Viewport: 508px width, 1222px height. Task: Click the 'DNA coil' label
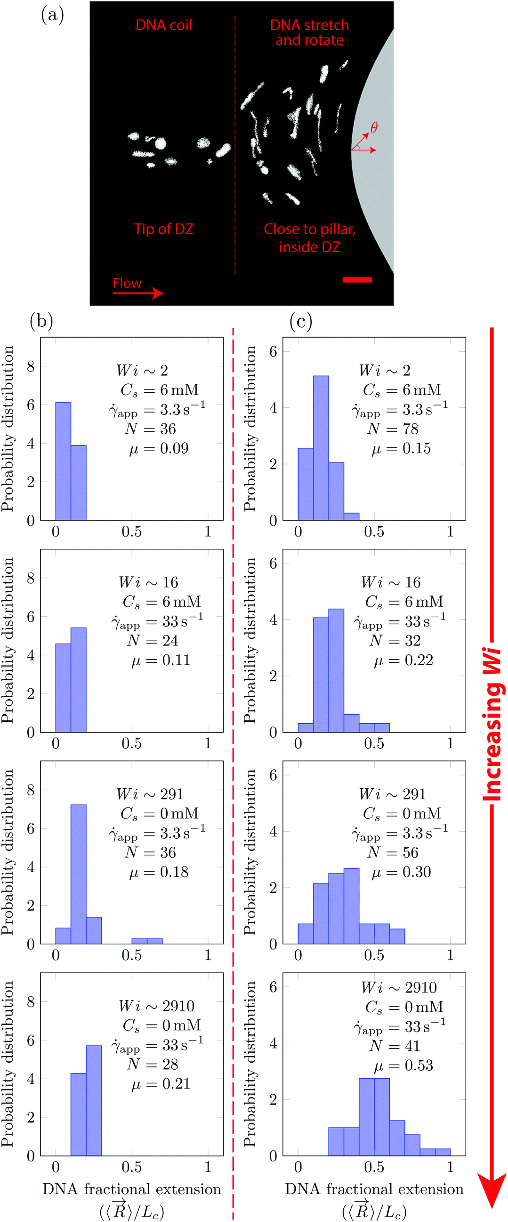click(x=163, y=25)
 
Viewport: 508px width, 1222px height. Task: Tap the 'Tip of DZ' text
click(x=163, y=229)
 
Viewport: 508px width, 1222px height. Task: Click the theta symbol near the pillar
click(x=374, y=128)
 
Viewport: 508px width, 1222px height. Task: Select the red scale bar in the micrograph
click(x=357, y=280)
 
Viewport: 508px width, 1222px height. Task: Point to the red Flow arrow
click(x=138, y=293)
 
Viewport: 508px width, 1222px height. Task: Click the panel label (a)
click(x=52, y=15)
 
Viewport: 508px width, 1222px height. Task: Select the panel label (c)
click(x=300, y=322)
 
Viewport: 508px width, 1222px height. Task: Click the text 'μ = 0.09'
click(x=159, y=448)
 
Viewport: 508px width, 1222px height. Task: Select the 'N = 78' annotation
click(x=393, y=429)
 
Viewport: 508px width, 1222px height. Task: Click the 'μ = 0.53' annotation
click(x=403, y=1065)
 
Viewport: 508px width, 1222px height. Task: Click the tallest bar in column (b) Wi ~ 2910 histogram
click(x=93, y=1100)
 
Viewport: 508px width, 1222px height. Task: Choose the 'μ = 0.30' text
click(x=402, y=872)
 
